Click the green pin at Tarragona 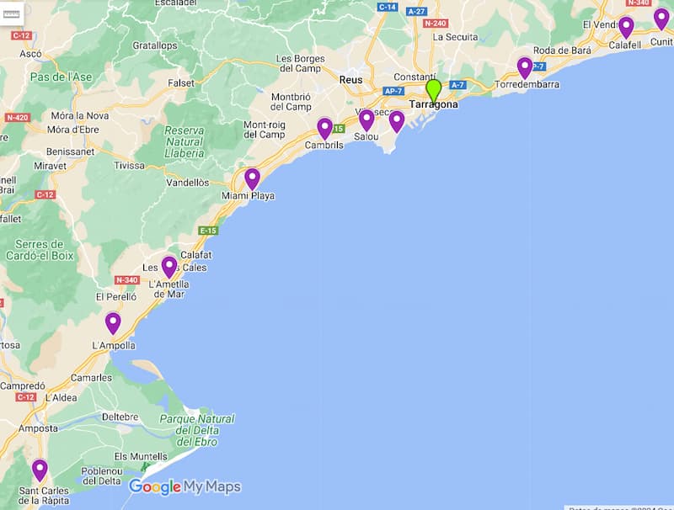click(434, 90)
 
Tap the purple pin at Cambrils click(324, 128)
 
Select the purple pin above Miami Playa click(252, 178)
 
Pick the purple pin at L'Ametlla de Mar click(168, 267)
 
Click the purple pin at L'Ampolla click(113, 322)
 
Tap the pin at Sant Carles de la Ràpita click(40, 469)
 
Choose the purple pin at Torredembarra click(525, 67)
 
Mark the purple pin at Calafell click(626, 27)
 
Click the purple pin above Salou click(366, 120)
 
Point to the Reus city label click(350, 80)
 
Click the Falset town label click(181, 83)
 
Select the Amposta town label click(38, 428)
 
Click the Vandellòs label click(188, 183)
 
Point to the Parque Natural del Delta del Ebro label click(197, 430)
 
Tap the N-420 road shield click(16, 117)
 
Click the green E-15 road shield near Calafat click(208, 231)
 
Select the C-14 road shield click(388, 7)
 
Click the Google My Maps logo click(185, 486)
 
